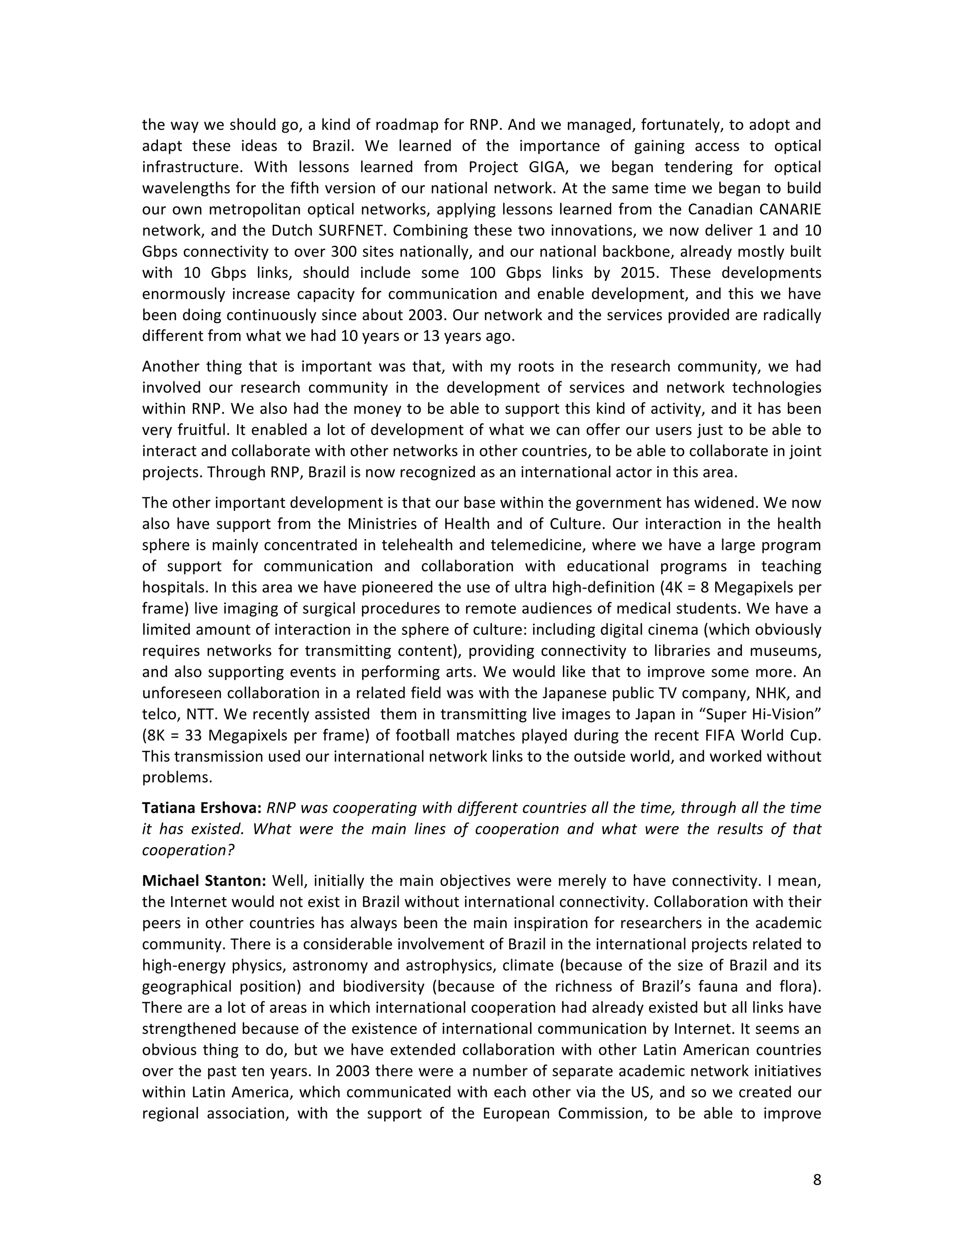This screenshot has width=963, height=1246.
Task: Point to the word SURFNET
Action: coord(355,230)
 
